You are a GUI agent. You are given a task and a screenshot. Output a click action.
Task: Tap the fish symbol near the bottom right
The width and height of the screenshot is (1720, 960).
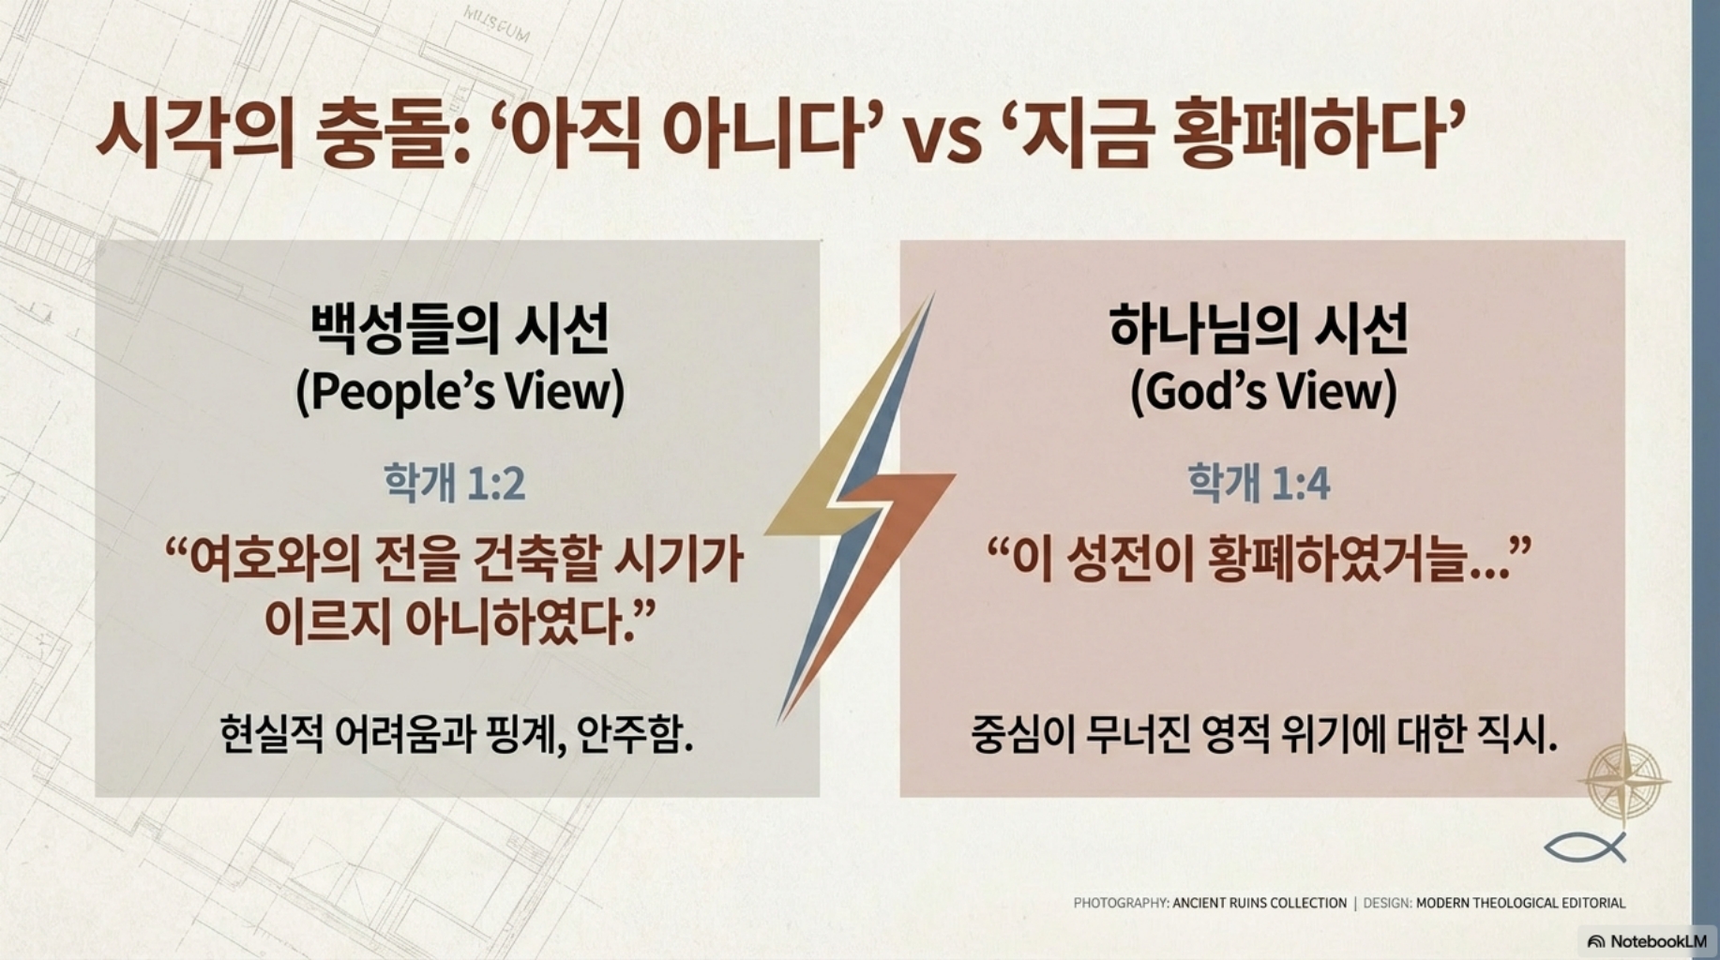click(1585, 847)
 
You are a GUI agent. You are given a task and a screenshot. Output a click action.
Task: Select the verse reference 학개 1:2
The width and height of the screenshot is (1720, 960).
click(455, 483)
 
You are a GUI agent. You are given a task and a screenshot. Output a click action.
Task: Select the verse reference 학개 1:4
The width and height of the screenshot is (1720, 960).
click(1260, 483)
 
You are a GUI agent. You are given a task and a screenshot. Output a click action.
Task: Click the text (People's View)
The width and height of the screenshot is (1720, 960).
click(460, 392)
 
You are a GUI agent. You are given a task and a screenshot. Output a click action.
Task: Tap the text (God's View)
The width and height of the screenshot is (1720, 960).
click(1263, 392)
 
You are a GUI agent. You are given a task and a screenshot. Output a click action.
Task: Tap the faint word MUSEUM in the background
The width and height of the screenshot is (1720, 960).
click(497, 25)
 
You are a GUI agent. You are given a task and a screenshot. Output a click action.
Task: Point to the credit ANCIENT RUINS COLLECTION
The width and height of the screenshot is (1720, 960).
click(1260, 903)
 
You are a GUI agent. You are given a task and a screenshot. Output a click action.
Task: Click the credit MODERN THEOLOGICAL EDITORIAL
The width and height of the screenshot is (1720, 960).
click(1520, 903)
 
